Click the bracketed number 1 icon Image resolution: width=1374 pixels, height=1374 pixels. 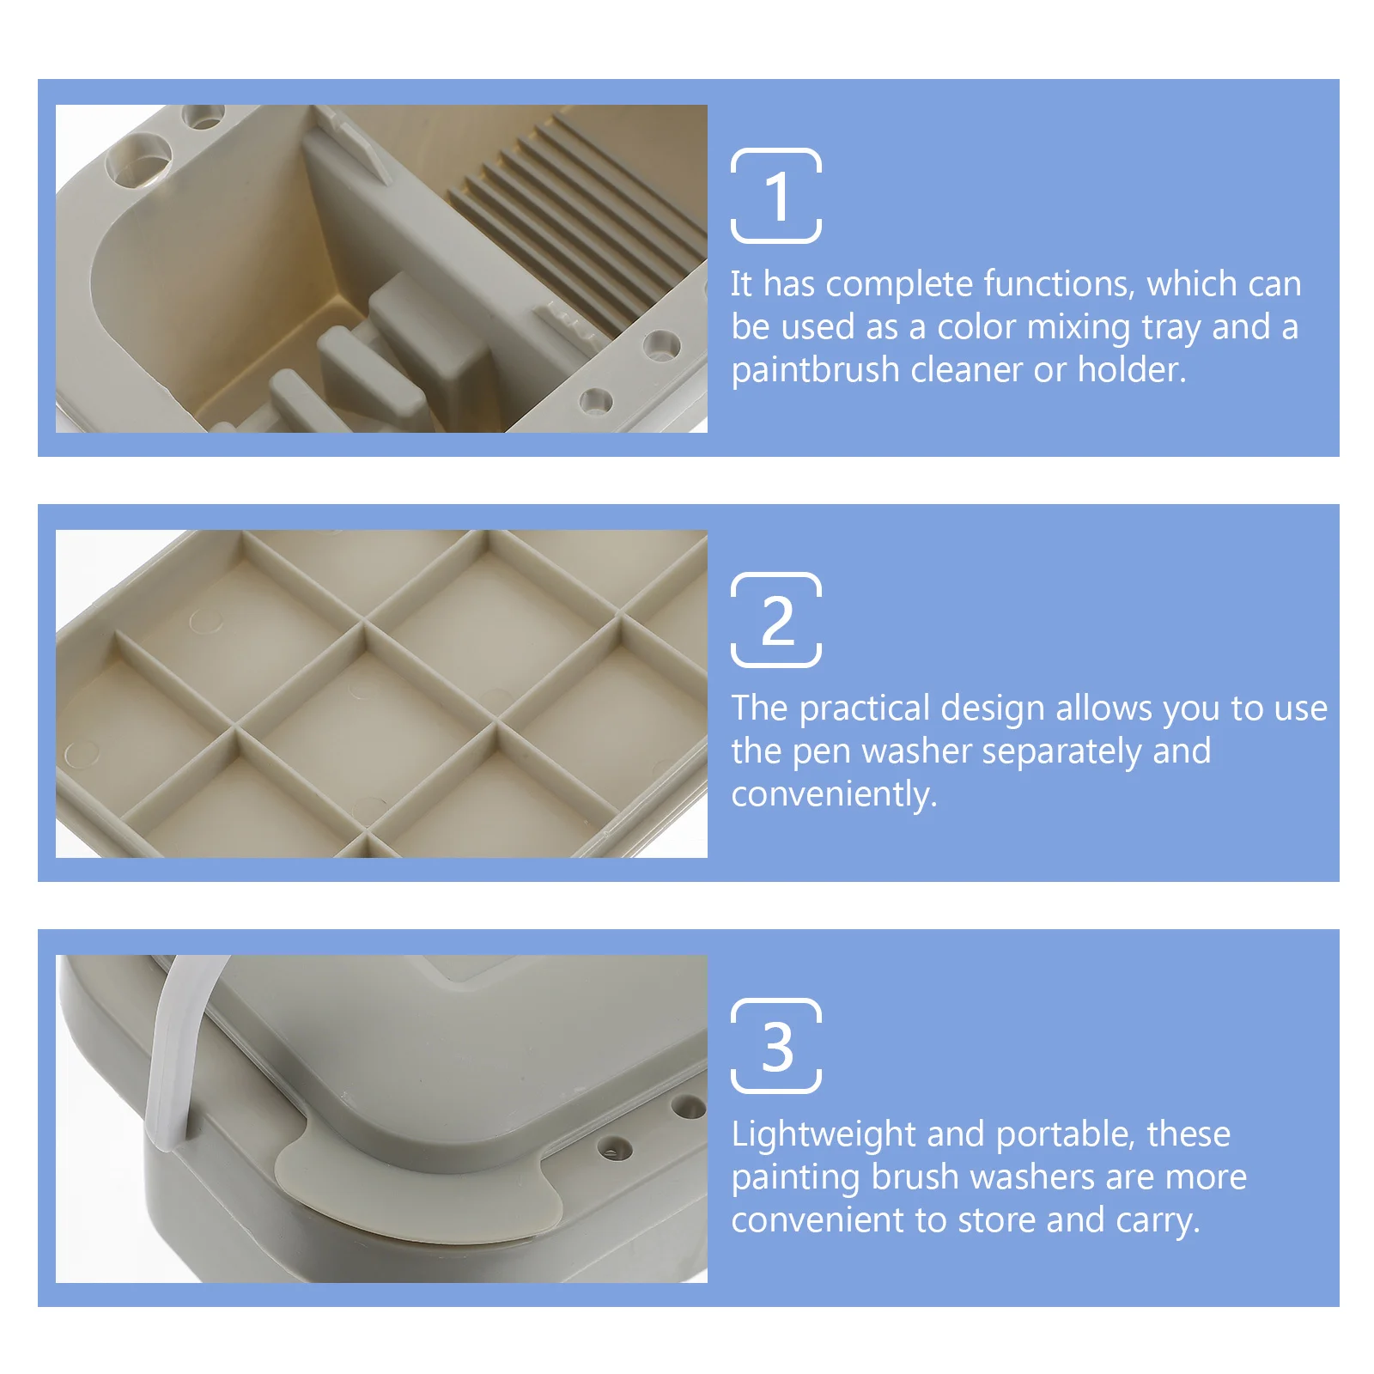coord(775,196)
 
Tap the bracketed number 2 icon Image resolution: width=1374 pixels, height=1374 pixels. coord(775,620)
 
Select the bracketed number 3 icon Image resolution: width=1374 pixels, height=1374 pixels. coord(775,1046)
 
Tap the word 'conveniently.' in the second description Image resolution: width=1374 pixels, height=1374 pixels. coord(833,795)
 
